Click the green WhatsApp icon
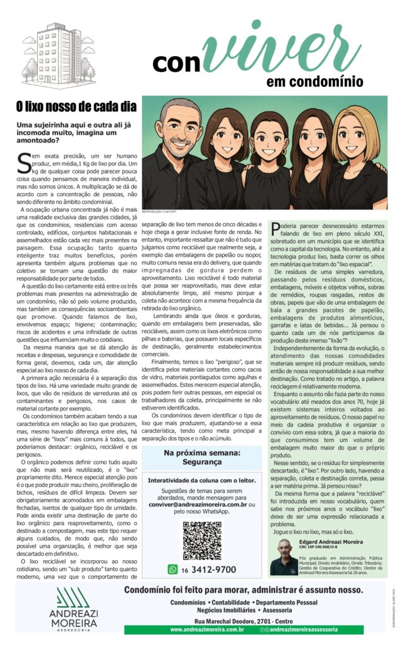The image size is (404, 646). [x=172, y=570]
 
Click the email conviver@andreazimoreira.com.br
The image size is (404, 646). [x=194, y=505]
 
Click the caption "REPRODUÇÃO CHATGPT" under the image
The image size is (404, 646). [x=157, y=213]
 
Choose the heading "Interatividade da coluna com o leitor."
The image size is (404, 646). [x=202, y=481]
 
